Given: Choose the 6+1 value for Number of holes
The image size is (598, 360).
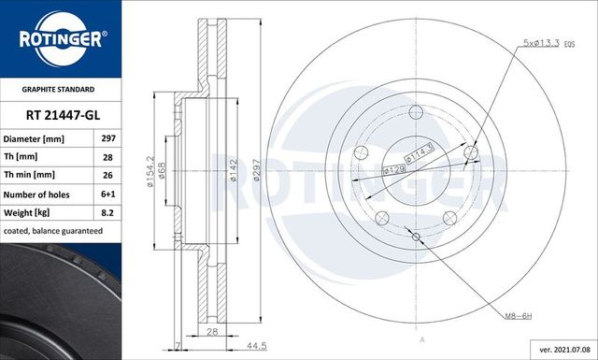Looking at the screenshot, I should point(107,194).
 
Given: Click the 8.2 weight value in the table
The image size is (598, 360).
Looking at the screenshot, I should point(107,213).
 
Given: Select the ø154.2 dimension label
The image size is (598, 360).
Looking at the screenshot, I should point(150,170).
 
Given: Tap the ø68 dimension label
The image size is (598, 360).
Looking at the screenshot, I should point(164,171).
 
